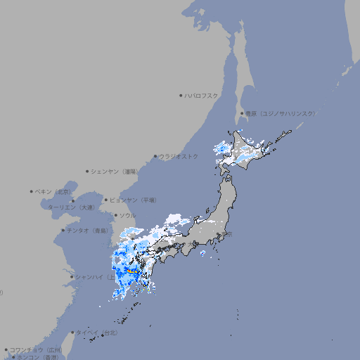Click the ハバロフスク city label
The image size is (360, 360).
[x=202, y=95]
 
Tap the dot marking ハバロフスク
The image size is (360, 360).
[x=181, y=95]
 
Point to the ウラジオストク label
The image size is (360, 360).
[x=179, y=156]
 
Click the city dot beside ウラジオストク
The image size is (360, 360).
[x=155, y=156]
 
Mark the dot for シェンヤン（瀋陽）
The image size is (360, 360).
[x=88, y=171]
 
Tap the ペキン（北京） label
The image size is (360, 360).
[x=53, y=191]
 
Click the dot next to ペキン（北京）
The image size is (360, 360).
[x=32, y=191]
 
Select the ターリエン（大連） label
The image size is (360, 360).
[x=70, y=207]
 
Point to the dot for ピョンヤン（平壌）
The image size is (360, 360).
[x=106, y=200]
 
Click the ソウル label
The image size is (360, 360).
[x=127, y=215]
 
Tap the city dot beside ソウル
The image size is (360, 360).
[x=114, y=215]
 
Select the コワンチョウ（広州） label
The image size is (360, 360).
[x=35, y=349]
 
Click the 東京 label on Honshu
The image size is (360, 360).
[x=227, y=234]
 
